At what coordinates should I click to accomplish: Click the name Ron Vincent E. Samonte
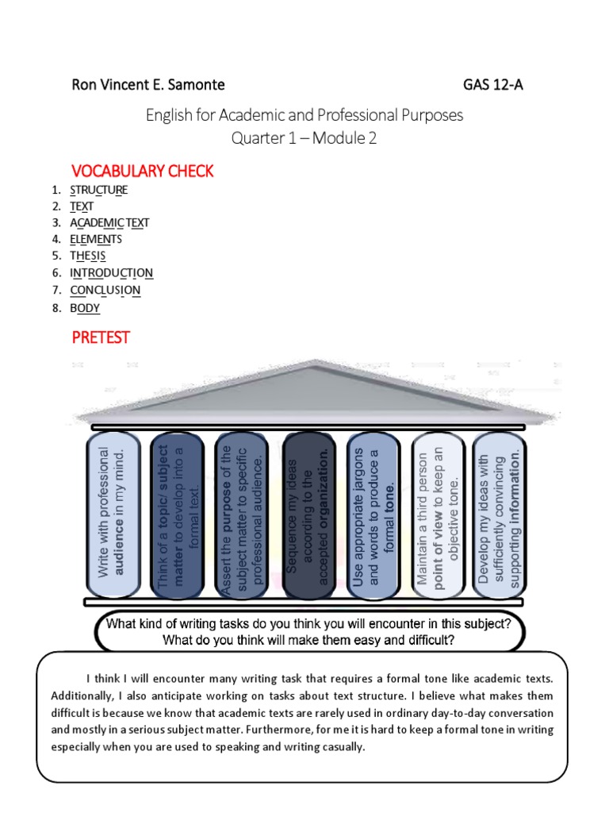(148, 84)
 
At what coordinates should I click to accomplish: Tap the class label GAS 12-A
(492, 84)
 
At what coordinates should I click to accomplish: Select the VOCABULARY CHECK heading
(143, 171)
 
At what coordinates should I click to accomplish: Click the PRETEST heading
(101, 337)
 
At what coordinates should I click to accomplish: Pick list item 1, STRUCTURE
(98, 190)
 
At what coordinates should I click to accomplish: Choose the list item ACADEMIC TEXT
(109, 223)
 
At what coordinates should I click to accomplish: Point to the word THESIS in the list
(87, 256)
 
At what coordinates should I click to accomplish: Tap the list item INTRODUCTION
(111, 272)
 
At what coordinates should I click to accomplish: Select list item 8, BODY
(85, 307)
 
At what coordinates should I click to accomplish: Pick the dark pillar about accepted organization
(308, 514)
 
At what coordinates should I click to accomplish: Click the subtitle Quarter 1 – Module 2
(304, 137)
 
